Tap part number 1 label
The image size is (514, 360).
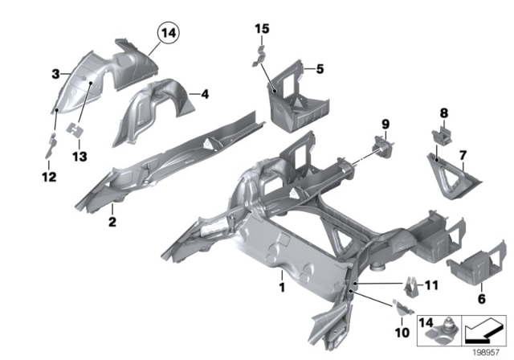281,286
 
